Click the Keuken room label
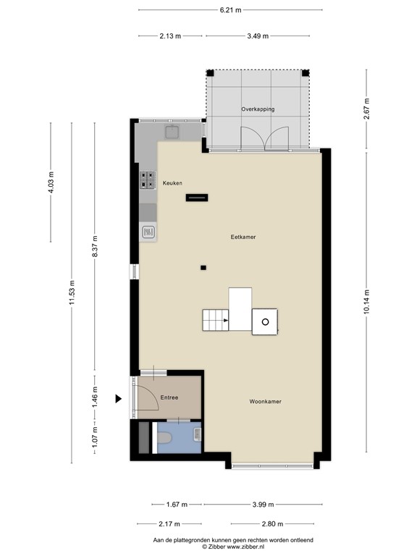point(172,183)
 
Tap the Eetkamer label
point(243,237)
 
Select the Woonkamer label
point(265,401)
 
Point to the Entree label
point(169,397)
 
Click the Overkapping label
point(258,109)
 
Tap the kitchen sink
point(172,132)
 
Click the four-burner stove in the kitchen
point(148,180)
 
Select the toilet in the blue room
point(164,438)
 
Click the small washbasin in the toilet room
point(198,434)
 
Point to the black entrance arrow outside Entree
point(119,399)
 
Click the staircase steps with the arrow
point(216,320)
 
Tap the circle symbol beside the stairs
point(265,322)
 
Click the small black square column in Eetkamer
point(203,268)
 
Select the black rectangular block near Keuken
point(197,198)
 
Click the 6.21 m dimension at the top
point(230,10)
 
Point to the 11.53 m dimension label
point(72,292)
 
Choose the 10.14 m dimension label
point(366,302)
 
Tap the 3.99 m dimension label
point(263,504)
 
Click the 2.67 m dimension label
point(366,109)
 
